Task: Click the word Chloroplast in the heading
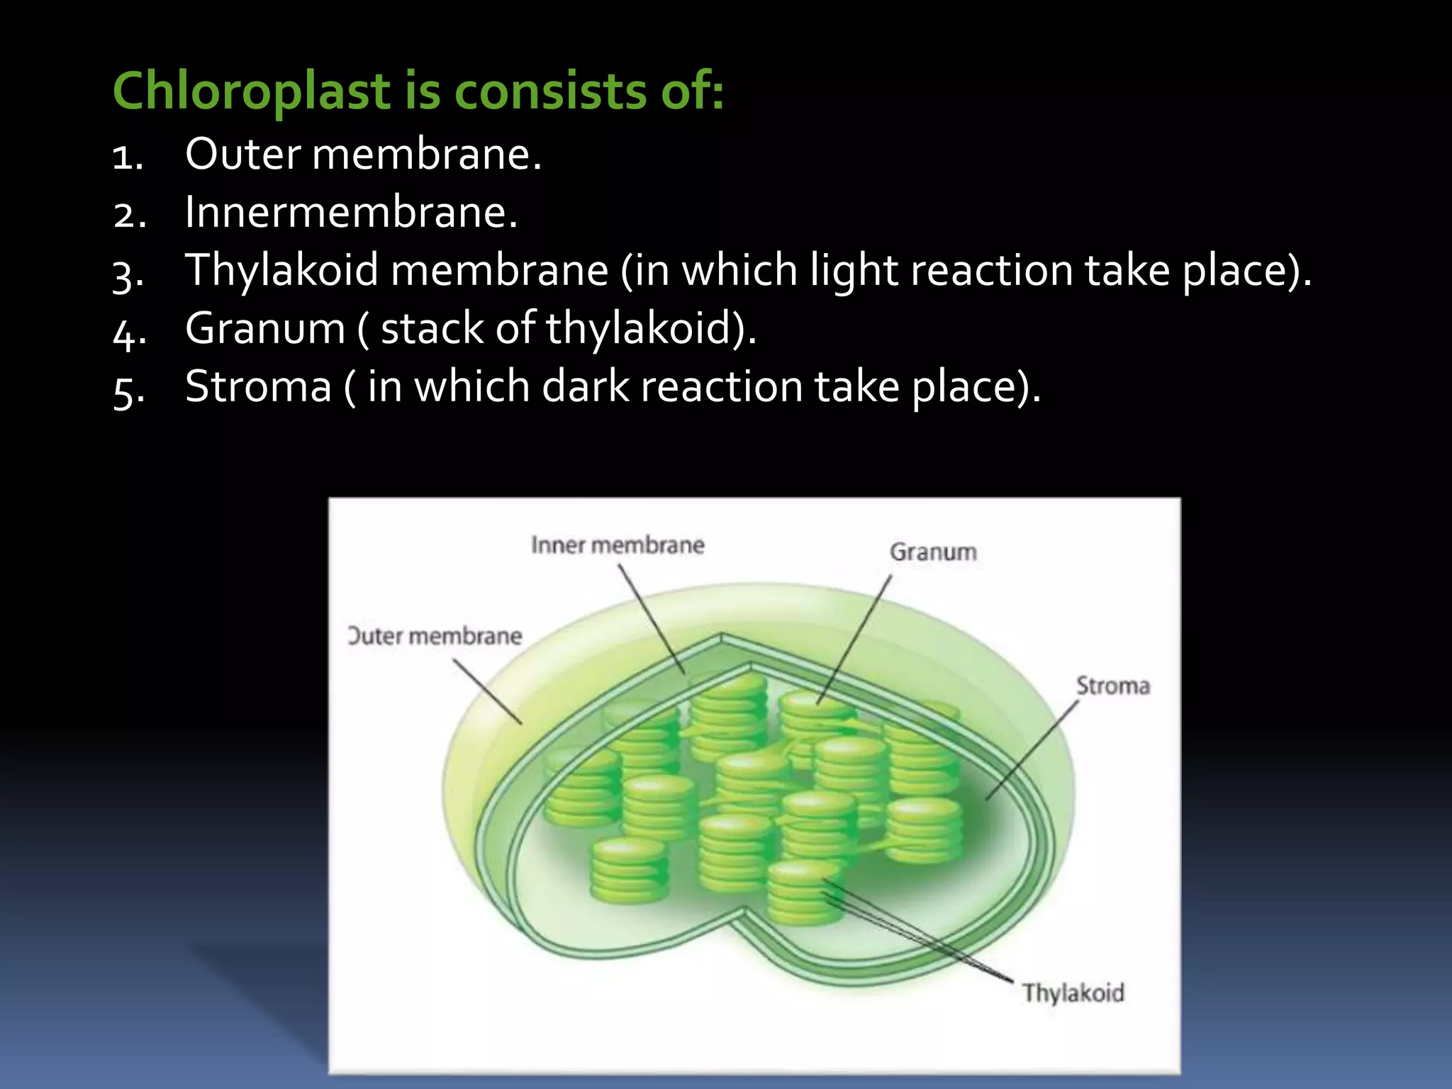click(x=252, y=92)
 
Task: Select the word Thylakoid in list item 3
click(x=281, y=271)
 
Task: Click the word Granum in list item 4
click(x=264, y=329)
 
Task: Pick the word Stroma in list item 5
click(x=258, y=387)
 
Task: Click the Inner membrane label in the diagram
click(x=618, y=545)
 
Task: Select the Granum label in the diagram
click(x=933, y=552)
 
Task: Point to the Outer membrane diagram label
click(x=435, y=636)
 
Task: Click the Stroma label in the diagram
click(x=1112, y=686)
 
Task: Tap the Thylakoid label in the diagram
click(x=1073, y=993)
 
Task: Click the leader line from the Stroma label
click(x=1032, y=751)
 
